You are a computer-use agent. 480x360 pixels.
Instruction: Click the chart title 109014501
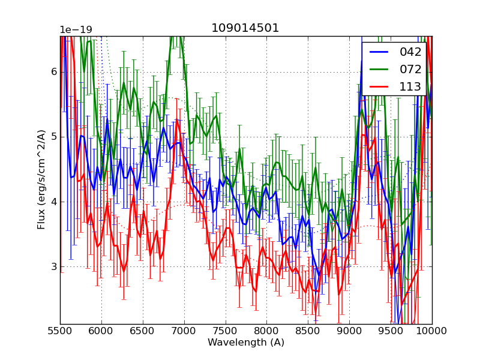click(x=245, y=28)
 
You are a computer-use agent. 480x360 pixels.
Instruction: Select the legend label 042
click(x=410, y=52)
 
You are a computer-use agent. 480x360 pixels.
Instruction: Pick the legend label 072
click(x=410, y=69)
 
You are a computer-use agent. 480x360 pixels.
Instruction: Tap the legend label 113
click(x=410, y=86)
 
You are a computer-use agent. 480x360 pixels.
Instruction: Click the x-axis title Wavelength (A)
click(x=245, y=343)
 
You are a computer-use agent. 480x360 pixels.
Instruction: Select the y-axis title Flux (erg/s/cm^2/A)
click(x=41, y=179)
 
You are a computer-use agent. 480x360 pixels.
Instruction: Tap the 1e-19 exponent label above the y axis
click(x=77, y=30)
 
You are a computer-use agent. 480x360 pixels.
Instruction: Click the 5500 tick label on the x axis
click(x=60, y=331)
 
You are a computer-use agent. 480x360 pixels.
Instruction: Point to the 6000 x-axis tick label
click(x=101, y=331)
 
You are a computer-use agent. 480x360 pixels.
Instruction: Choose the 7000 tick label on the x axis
click(x=184, y=331)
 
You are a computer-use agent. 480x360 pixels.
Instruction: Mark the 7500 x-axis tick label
click(x=226, y=331)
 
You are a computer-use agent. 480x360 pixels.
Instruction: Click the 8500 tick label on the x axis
click(x=308, y=331)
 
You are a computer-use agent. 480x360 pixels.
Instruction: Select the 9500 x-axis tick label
click(x=391, y=331)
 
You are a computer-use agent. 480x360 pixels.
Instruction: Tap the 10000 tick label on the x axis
click(x=431, y=331)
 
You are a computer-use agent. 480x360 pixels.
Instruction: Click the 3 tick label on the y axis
click(x=53, y=266)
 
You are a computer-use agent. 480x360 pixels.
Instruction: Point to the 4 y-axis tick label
click(x=53, y=202)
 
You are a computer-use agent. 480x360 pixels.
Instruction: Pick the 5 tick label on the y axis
click(x=53, y=137)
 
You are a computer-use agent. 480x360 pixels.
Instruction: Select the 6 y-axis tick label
click(x=53, y=72)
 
